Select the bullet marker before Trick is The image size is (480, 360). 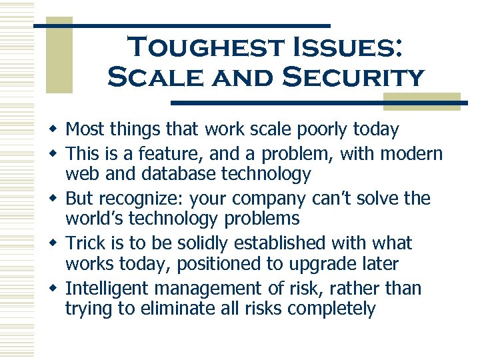(53, 243)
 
